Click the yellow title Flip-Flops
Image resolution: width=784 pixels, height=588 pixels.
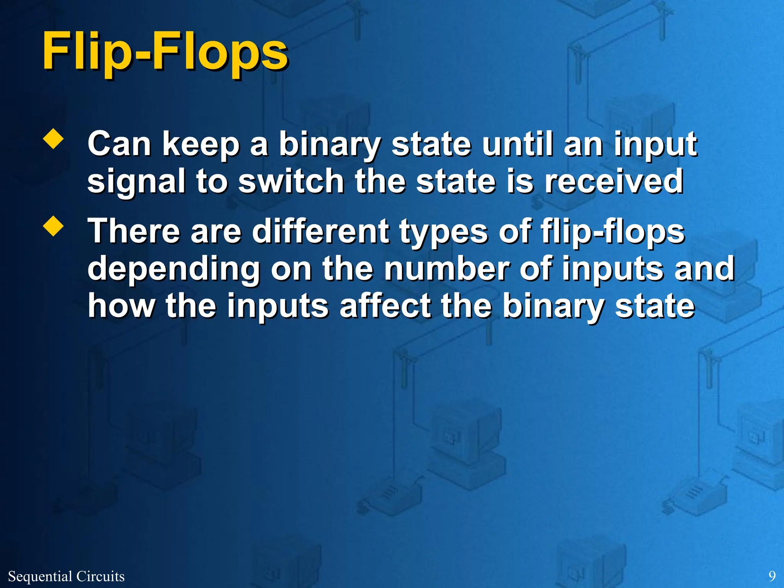pyautogui.click(x=165, y=52)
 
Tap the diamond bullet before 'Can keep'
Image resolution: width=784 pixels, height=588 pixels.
pyautogui.click(x=54, y=139)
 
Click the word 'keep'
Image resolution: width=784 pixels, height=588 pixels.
pyautogui.click(x=201, y=144)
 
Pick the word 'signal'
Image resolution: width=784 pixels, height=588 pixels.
pyautogui.click(x=136, y=182)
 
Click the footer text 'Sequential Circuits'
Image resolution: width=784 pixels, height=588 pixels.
pyautogui.click(x=66, y=576)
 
